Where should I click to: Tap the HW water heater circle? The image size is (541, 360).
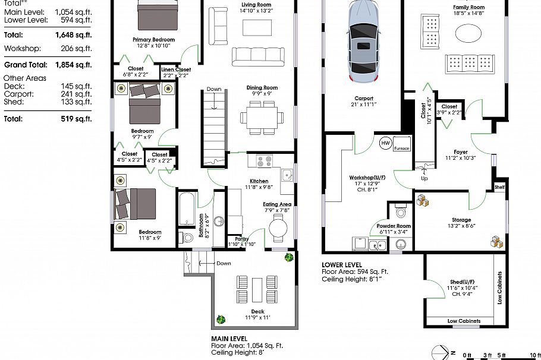click(x=385, y=143)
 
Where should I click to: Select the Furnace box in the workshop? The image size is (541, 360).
click(x=401, y=147)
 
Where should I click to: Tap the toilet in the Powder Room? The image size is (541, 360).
click(x=400, y=211)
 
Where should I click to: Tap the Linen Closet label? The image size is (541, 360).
click(x=176, y=70)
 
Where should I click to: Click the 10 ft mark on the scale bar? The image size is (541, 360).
click(x=534, y=355)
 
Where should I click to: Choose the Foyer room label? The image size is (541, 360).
click(x=461, y=151)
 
